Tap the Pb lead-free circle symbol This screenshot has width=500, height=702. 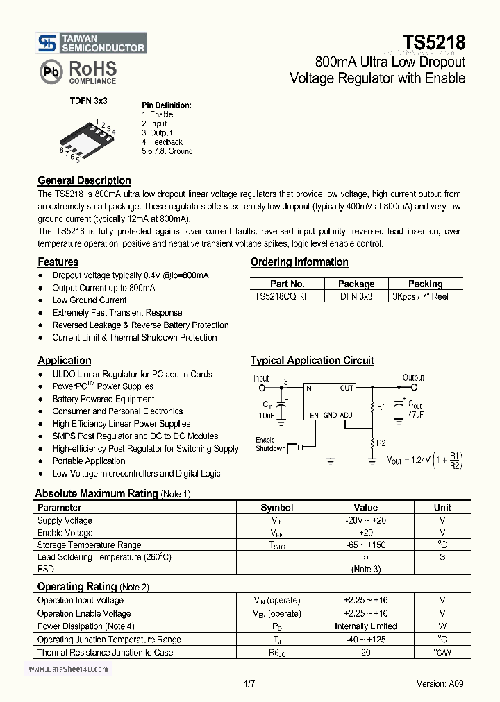(50, 72)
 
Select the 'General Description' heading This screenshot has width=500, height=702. (84, 180)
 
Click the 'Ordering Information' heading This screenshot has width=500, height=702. (299, 262)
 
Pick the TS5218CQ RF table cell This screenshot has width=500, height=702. (282, 296)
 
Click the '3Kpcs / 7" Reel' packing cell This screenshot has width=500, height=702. (420, 296)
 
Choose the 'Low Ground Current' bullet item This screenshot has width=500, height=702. (89, 300)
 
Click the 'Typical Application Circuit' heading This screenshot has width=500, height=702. (312, 361)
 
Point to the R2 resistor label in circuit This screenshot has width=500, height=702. (380, 443)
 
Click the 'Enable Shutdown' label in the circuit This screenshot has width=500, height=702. (270, 444)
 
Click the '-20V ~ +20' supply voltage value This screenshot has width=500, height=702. (365, 520)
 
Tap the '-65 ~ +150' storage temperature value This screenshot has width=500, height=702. (365, 545)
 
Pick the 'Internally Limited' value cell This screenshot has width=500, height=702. (365, 626)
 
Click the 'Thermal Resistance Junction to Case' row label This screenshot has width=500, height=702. (105, 653)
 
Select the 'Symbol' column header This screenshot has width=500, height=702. (276, 508)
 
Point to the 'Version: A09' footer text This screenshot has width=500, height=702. (440, 683)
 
